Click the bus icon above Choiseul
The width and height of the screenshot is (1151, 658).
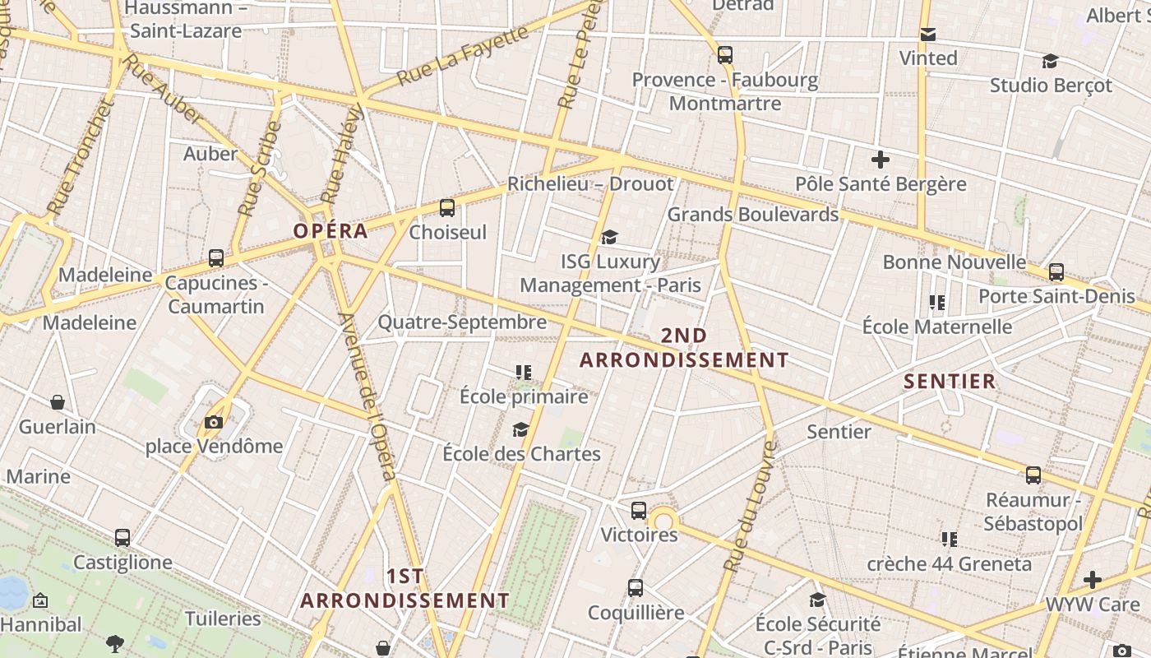447,208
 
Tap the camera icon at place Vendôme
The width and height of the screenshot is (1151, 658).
214,423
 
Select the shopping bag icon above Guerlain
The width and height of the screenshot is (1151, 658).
58,402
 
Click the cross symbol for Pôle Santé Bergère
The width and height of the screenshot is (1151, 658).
881,159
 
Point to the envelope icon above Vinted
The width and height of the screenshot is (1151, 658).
928,35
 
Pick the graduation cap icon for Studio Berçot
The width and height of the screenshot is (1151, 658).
1050,62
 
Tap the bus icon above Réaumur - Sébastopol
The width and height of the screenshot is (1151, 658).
1033,475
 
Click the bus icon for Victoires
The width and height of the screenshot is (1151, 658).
639,511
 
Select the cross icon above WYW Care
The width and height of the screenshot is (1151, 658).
1093,580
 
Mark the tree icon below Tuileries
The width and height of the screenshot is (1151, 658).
115,644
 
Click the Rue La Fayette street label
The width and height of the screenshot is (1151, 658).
462,56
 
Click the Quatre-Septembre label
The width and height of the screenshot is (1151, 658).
462,322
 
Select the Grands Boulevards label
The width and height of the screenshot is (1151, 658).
752,215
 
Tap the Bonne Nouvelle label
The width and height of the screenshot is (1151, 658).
954,262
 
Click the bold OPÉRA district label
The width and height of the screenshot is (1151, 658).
331,231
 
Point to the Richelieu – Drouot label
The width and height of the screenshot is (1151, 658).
589,184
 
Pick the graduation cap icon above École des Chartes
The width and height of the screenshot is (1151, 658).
520,430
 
